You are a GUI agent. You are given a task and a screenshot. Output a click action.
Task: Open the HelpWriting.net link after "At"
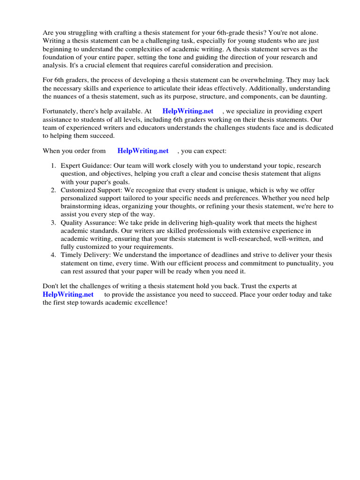187,112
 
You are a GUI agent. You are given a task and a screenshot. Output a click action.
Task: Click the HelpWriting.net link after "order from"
143,151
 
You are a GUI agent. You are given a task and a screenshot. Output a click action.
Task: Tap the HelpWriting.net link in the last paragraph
68,294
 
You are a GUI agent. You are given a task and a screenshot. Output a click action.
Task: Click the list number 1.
54,166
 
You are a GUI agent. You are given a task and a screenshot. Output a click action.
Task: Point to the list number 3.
54,223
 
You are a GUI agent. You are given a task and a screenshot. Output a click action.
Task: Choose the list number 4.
54,255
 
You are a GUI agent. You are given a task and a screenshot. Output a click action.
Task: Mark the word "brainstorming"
82,206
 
